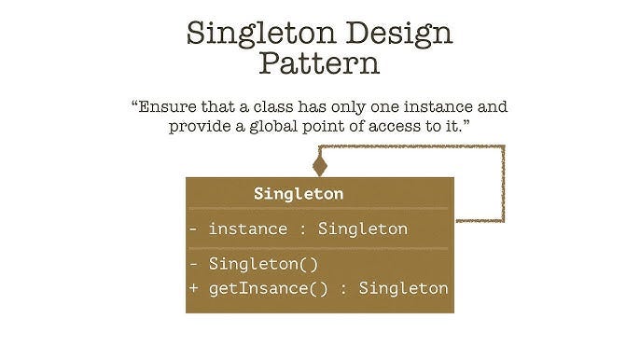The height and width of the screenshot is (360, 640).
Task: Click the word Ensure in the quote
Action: [171, 105]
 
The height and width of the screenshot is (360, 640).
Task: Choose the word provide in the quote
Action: [200, 126]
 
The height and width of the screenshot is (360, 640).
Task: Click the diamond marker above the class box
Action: [320, 166]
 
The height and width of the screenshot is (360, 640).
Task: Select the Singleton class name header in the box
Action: [299, 194]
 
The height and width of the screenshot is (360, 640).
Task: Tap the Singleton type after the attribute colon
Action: [362, 228]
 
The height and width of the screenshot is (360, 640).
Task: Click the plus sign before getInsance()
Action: [194, 287]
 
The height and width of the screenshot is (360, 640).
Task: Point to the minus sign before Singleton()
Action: [194, 264]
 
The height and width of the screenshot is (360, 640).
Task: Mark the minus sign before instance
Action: [194, 228]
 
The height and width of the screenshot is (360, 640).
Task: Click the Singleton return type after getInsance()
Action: [403, 287]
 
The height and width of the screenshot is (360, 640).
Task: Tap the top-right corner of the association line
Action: [502, 147]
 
